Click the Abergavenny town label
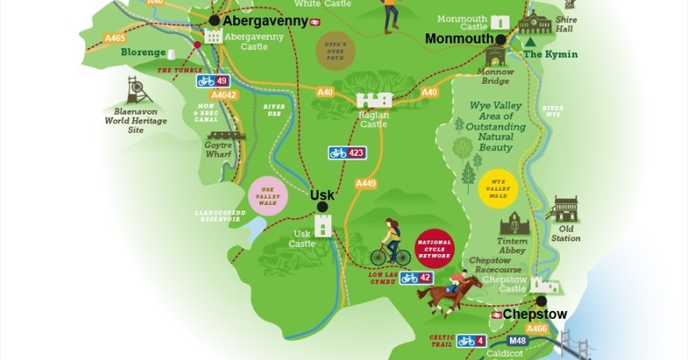pyautogui.click(x=266, y=21)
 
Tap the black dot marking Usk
pyautogui.click(x=322, y=207)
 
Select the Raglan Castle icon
pyautogui.click(x=374, y=100)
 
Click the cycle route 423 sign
pyautogui.click(x=347, y=153)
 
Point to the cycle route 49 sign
pyautogui.click(x=213, y=80)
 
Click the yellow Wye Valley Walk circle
pyautogui.click(x=498, y=188)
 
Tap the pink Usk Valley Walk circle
pyautogui.click(x=267, y=196)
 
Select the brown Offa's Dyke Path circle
pyautogui.click(x=336, y=50)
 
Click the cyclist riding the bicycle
pyautogui.click(x=391, y=244)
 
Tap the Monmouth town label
pyautogui.click(x=459, y=39)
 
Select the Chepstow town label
pyautogui.click(x=534, y=315)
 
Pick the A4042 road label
pyautogui.click(x=223, y=95)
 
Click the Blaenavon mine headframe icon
pyautogui.click(x=135, y=89)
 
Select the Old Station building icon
pyautogui.click(x=565, y=210)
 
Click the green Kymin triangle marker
pyautogui.click(x=530, y=43)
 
